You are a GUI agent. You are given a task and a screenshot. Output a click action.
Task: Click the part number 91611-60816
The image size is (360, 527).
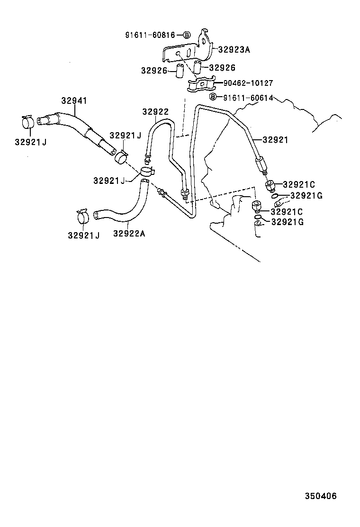150,35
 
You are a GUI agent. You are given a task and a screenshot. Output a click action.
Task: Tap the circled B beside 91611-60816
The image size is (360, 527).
186,35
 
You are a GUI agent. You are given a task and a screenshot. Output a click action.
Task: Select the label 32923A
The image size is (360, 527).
234,48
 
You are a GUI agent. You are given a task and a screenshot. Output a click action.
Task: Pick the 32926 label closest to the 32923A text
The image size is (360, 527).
222,68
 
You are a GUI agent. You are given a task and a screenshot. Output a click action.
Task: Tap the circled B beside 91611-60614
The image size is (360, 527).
213,97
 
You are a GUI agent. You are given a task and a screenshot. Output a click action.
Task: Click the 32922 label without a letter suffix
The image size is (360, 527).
155,112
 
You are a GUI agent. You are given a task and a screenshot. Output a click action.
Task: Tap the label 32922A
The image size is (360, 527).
129,233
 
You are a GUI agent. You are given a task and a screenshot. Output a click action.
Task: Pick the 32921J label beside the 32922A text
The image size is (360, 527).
83,235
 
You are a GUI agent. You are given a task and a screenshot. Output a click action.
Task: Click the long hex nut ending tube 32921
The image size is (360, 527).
261,165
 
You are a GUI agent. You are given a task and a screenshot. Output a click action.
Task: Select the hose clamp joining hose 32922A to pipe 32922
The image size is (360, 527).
147,172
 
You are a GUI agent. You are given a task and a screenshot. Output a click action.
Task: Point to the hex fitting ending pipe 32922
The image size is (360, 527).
184,192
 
